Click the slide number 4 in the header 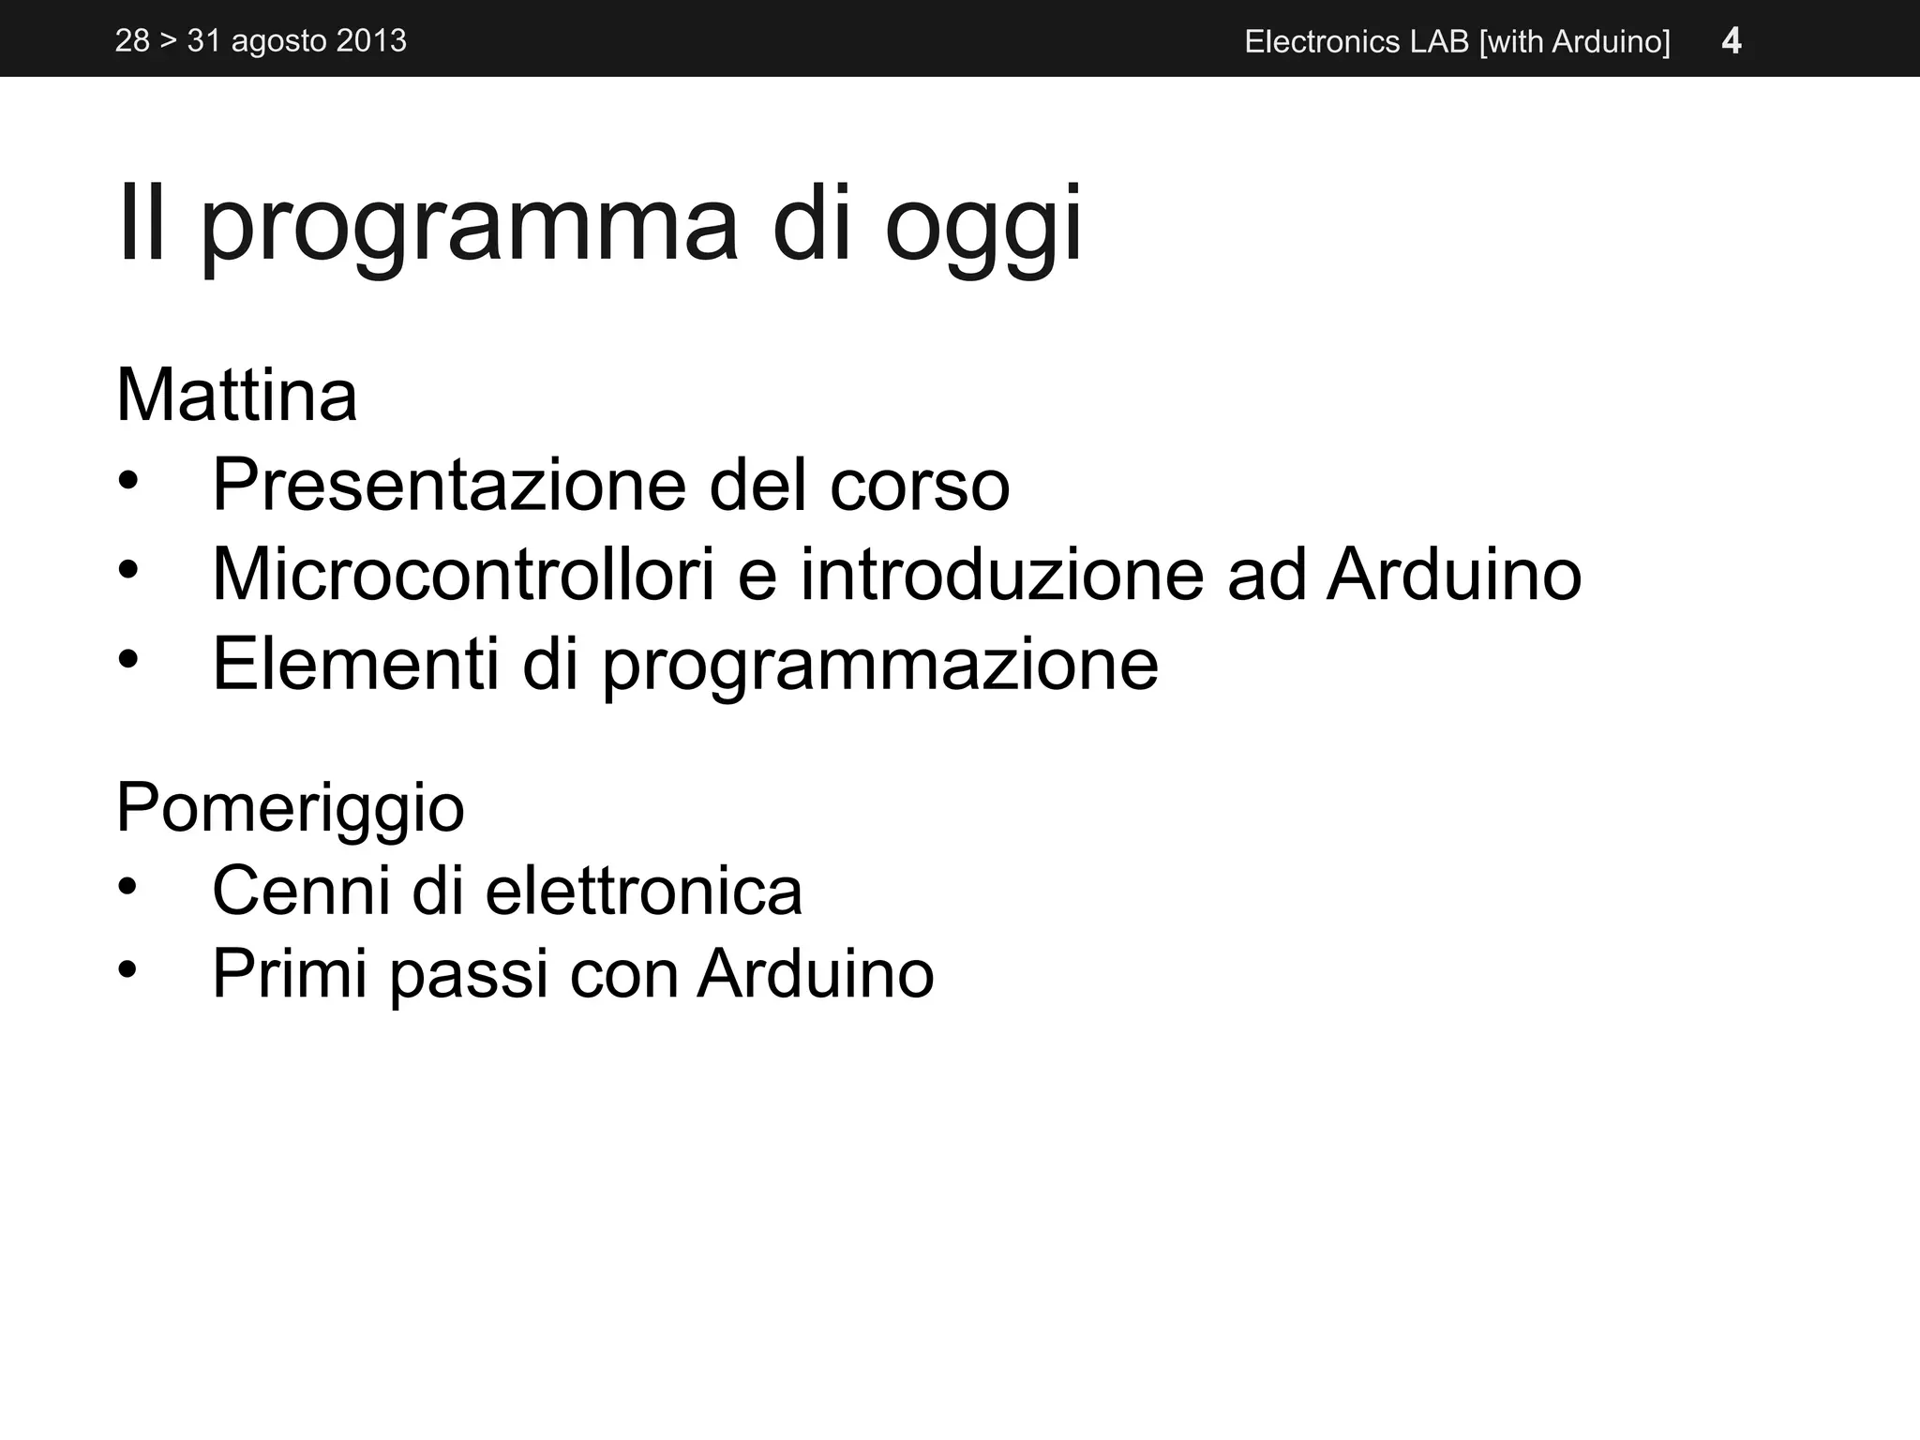point(1732,41)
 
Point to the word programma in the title point(470,226)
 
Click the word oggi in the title point(982,226)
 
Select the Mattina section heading point(236,396)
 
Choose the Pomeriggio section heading point(290,807)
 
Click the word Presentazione point(449,485)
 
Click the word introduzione point(1001,574)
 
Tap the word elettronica point(643,890)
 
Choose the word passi point(469,975)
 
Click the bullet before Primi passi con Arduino point(128,971)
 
